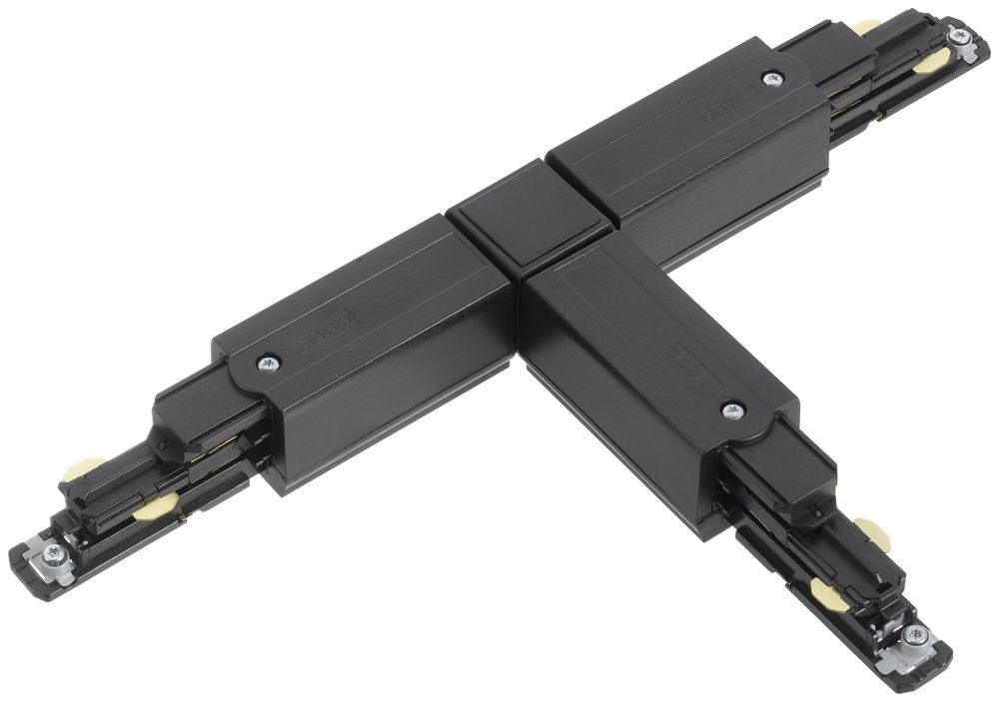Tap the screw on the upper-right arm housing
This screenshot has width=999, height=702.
771,78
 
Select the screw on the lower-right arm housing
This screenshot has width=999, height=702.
732,408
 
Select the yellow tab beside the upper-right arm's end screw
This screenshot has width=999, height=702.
933,62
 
